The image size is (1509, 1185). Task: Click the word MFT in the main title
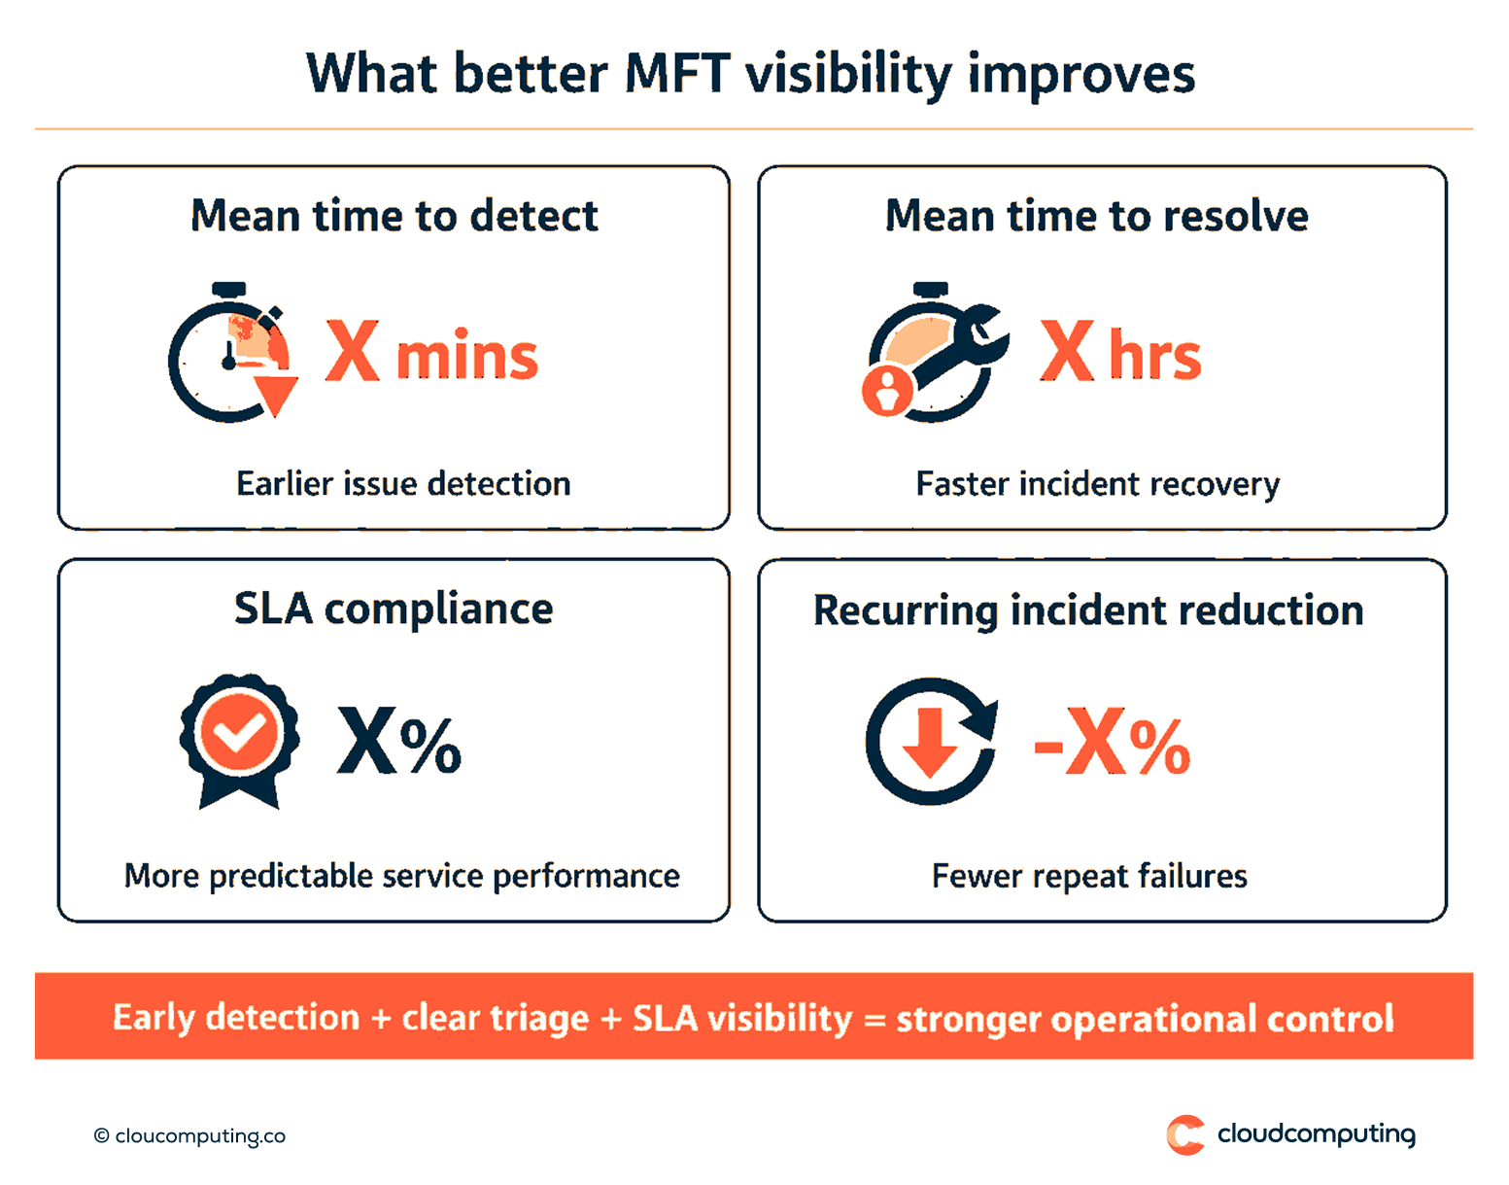coord(676,74)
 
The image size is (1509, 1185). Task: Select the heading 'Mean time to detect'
coord(394,216)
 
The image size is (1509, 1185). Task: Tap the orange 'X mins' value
coord(430,354)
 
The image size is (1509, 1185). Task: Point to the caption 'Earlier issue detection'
coord(403,483)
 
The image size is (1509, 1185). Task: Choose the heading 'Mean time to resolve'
coord(1096,216)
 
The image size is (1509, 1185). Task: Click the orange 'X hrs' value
coord(1120,354)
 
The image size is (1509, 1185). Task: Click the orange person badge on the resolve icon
coord(887,391)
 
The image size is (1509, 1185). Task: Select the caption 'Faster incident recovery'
coord(1097,483)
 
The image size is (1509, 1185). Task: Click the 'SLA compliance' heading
coord(394,610)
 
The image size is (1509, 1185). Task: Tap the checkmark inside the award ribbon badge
coord(239,732)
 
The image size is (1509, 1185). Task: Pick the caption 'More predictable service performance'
coord(401,876)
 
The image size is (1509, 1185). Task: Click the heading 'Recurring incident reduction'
coord(1088,610)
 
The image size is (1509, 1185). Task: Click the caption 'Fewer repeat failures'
coord(1089,876)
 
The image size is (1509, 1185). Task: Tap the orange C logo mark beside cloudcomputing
coord(1184,1134)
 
